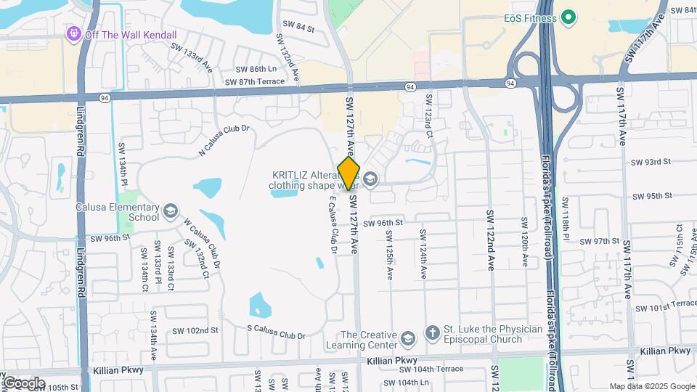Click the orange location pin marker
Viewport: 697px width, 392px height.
[x=348, y=172]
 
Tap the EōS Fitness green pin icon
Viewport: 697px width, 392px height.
[x=569, y=17]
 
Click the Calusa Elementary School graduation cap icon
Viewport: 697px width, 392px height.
[x=171, y=211]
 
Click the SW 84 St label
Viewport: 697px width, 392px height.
[x=299, y=29]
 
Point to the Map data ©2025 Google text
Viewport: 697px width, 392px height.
[x=651, y=386]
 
